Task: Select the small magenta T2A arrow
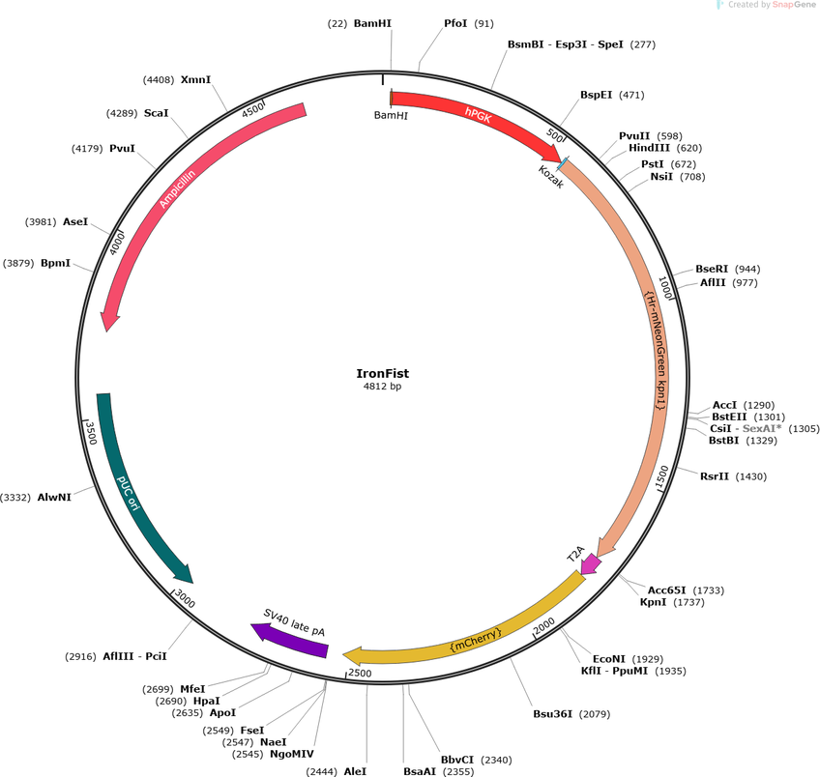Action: tap(591, 563)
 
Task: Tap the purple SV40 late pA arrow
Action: tap(291, 640)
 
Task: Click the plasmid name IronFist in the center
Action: tap(382, 374)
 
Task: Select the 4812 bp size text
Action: tap(382, 387)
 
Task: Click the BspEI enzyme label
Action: tap(596, 95)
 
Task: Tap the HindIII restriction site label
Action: tap(649, 149)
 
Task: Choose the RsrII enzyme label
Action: tap(715, 476)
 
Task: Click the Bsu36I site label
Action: tap(553, 714)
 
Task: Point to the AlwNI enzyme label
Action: tap(54, 498)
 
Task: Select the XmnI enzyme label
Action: tap(195, 80)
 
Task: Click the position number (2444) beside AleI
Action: tap(322, 772)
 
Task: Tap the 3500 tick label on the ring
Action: tap(91, 433)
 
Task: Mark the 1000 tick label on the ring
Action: tap(664, 288)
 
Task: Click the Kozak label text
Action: tap(551, 177)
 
